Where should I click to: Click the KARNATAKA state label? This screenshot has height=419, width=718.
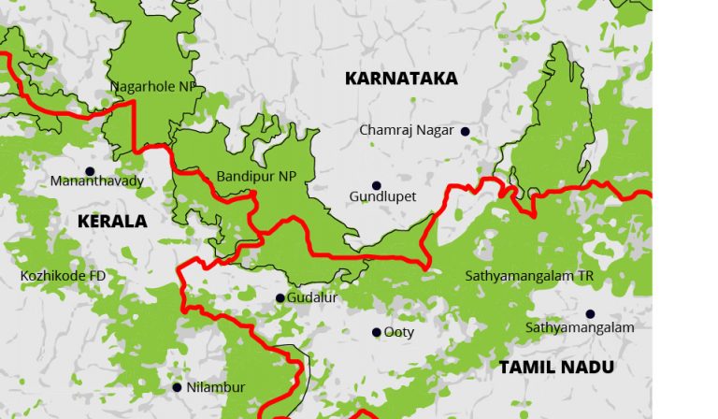pyautogui.click(x=401, y=79)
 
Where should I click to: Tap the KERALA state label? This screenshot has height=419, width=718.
pyautogui.click(x=112, y=222)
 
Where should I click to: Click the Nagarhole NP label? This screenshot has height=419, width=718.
pyautogui.click(x=154, y=86)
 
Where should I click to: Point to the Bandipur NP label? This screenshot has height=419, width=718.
pyautogui.click(x=255, y=176)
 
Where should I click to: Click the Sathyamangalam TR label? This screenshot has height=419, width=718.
pyautogui.click(x=529, y=276)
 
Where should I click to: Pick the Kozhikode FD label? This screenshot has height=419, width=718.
pyautogui.click(x=64, y=276)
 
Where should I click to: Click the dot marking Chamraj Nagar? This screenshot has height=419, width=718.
pyautogui.click(x=464, y=131)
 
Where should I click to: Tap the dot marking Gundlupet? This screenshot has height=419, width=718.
pyautogui.click(x=377, y=185)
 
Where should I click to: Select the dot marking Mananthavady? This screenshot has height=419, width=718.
pyautogui.click(x=90, y=171)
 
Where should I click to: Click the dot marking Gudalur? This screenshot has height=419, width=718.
pyautogui.click(x=280, y=298)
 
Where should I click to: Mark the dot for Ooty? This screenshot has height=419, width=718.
pyautogui.click(x=377, y=332)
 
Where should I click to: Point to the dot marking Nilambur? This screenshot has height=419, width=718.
pyautogui.click(x=177, y=386)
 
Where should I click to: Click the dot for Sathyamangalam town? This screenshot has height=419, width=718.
pyautogui.click(x=590, y=313)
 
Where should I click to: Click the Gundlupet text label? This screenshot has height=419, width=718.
pyautogui.click(x=382, y=197)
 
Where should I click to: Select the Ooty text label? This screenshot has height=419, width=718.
pyautogui.click(x=399, y=332)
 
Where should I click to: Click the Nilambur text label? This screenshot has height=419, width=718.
pyautogui.click(x=216, y=387)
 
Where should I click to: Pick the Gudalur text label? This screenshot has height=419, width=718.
pyautogui.click(x=313, y=298)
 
